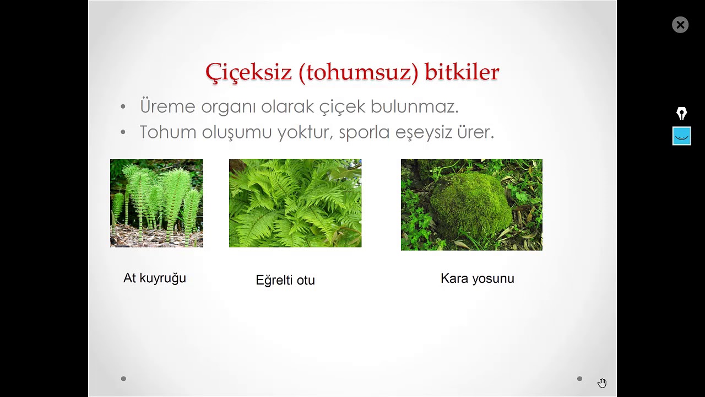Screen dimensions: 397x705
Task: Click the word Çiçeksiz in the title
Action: pyautogui.click(x=248, y=72)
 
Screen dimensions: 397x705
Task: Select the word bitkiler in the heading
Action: pyautogui.click(x=462, y=72)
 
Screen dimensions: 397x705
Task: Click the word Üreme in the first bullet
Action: pyautogui.click(x=167, y=106)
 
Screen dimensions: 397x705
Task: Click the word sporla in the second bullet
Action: pyautogui.click(x=364, y=132)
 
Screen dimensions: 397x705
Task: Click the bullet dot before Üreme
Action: pyautogui.click(x=123, y=106)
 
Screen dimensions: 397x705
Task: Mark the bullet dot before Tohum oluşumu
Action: pyautogui.click(x=123, y=132)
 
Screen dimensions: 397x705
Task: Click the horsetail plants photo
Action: pyautogui.click(x=156, y=203)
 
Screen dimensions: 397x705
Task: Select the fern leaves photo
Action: pyautogui.click(x=295, y=203)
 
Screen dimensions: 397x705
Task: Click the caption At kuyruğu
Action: pyautogui.click(x=155, y=278)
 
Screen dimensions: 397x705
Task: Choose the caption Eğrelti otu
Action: pyautogui.click(x=285, y=280)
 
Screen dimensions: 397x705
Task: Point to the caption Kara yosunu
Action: pyautogui.click(x=478, y=278)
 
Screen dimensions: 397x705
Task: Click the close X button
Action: pyautogui.click(x=680, y=25)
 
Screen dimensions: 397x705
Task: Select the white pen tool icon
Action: pyautogui.click(x=681, y=114)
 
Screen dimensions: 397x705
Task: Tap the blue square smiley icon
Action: pyautogui.click(x=681, y=136)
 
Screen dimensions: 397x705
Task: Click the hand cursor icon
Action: pyautogui.click(x=602, y=383)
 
